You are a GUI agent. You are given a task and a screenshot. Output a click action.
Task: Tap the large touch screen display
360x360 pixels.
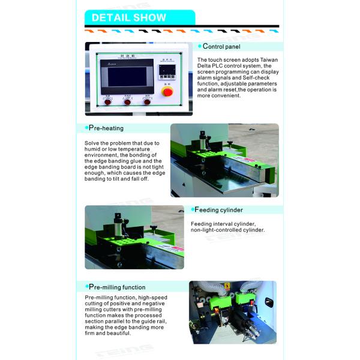(127, 77)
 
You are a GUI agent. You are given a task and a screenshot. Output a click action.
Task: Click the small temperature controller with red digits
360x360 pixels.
(166, 72)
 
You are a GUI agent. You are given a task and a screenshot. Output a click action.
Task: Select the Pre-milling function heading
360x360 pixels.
(116, 287)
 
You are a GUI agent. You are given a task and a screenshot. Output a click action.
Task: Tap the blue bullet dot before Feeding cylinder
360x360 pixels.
(192, 209)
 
